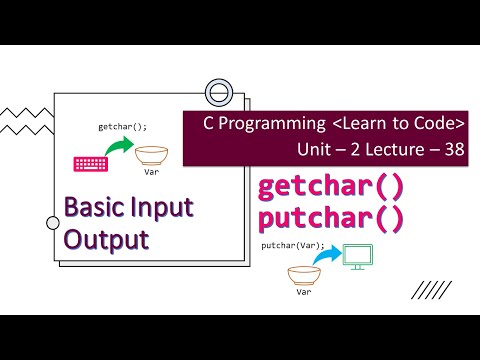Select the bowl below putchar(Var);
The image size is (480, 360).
pos(303,273)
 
